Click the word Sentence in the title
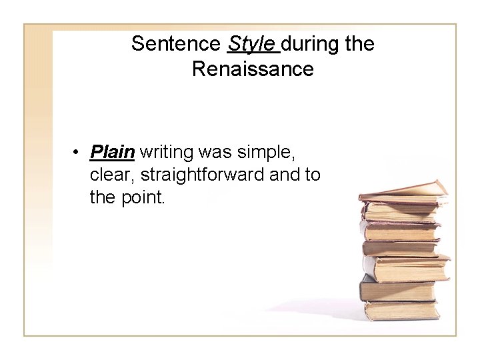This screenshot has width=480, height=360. click(176, 44)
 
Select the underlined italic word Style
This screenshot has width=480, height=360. click(251, 44)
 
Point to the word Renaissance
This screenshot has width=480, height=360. click(253, 69)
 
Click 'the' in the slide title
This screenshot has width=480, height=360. click(361, 44)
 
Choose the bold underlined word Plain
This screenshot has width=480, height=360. click(113, 153)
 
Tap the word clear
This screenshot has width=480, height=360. click(112, 175)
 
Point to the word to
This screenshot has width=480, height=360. click(314, 175)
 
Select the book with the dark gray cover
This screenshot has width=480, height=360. click(397, 289)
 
